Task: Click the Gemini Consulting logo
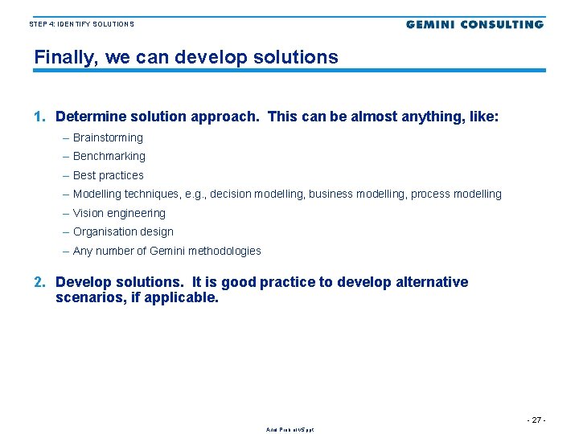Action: click(x=474, y=24)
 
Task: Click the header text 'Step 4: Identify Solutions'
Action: click(x=82, y=24)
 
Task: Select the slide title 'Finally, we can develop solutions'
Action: click(x=186, y=58)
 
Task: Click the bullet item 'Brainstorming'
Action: click(x=108, y=137)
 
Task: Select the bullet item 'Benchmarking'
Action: click(x=109, y=156)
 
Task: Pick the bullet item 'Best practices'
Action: click(x=108, y=175)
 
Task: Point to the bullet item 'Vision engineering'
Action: click(x=119, y=213)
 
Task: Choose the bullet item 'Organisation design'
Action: click(x=123, y=231)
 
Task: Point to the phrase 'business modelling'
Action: click(x=358, y=194)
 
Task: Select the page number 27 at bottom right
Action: click(x=536, y=420)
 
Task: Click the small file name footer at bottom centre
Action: click(x=289, y=430)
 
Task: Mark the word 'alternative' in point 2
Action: click(x=432, y=282)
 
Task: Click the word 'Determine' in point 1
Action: click(x=88, y=117)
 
